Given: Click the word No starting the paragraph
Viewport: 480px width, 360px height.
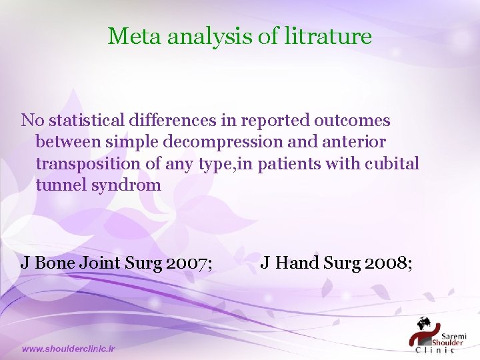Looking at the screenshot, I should pyautogui.click(x=31, y=121).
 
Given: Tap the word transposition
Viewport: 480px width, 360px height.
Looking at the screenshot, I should pyautogui.click(x=84, y=163).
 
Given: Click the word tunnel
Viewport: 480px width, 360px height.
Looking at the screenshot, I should pyautogui.click(x=59, y=185).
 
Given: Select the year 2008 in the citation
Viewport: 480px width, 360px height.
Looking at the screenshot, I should pyautogui.click(x=387, y=263).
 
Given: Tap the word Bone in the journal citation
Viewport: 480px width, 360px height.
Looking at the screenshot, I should pyautogui.click(x=55, y=263).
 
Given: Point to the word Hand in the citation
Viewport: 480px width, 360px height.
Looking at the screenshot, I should pyautogui.click(x=297, y=263).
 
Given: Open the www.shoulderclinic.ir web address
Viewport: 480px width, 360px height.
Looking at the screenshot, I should pyautogui.click(x=69, y=349).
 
